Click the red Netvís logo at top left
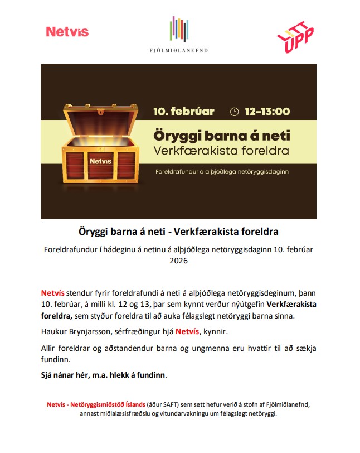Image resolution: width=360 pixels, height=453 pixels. (67, 32)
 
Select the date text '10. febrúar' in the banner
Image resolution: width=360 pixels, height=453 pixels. (184, 111)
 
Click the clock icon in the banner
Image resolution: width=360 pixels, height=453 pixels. (234, 112)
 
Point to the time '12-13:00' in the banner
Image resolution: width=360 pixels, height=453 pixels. (267, 111)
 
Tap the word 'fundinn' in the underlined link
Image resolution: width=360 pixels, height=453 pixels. (151, 375)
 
